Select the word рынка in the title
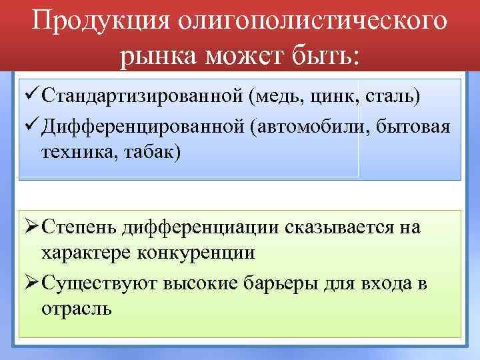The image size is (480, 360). tap(160, 58)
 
